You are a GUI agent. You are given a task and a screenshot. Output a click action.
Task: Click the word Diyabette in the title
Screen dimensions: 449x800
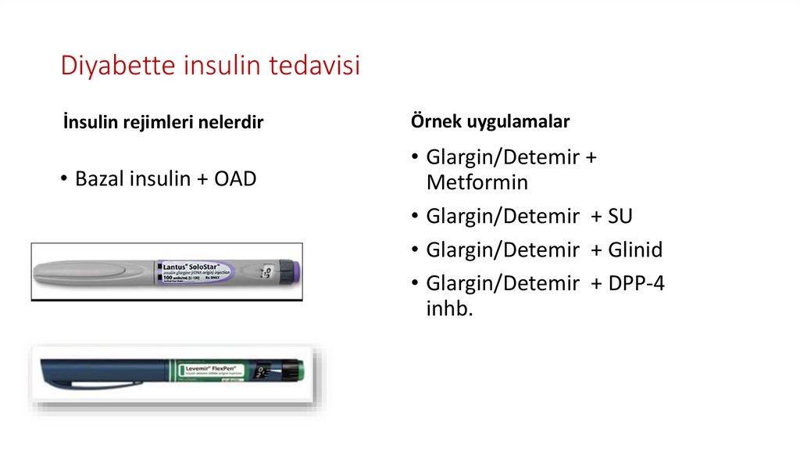pyautogui.click(x=119, y=66)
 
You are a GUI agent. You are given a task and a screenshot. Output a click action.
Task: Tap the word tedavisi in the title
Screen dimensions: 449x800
pyautogui.click(x=314, y=66)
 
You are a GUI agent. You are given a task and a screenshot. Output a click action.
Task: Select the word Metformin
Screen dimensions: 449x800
pyautogui.click(x=477, y=183)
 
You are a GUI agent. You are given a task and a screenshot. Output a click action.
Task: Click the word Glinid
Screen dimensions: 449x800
pyautogui.click(x=634, y=250)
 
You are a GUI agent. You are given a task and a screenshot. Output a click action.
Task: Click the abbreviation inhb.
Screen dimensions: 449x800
pyautogui.click(x=449, y=309)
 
